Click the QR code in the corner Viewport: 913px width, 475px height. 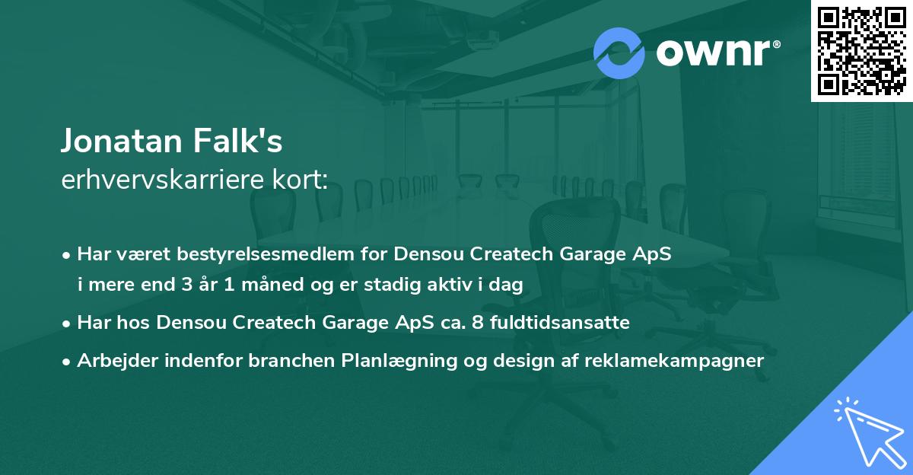pyautogui.click(x=862, y=51)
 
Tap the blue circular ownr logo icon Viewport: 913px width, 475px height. pyautogui.click(x=619, y=53)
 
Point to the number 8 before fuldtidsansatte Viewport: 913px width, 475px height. pyautogui.click(x=476, y=323)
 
